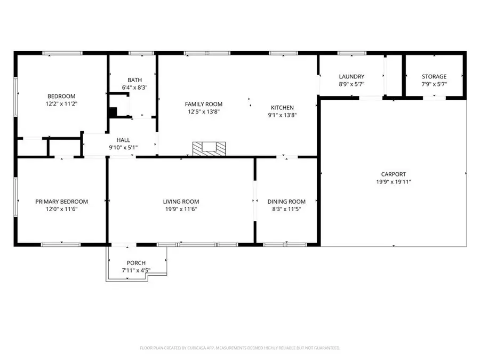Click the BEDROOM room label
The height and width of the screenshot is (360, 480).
(61, 96)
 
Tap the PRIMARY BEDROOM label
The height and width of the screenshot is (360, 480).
(61, 202)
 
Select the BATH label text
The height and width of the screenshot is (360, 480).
(135, 80)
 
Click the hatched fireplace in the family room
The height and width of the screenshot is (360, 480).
(209, 149)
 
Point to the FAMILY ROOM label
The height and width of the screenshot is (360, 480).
(204, 104)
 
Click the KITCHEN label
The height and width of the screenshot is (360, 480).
(282, 107)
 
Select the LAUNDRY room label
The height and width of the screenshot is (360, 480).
(352, 76)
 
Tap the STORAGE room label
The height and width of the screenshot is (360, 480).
(434, 76)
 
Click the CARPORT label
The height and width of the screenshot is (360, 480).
(394, 174)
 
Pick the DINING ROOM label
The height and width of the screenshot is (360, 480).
(286, 202)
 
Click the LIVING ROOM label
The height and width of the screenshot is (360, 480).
(181, 202)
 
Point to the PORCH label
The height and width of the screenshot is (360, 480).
(136, 262)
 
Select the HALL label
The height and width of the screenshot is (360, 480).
(123, 140)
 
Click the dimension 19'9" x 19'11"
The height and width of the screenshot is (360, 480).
(394, 182)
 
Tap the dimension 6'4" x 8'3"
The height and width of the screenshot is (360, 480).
(135, 87)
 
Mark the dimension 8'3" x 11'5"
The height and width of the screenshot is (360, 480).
(286, 209)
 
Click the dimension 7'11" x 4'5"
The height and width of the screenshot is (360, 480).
(136, 270)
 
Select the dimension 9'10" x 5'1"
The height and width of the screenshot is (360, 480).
(123, 148)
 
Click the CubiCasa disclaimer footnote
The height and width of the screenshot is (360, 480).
(240, 348)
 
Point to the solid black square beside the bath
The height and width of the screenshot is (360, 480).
(113, 112)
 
